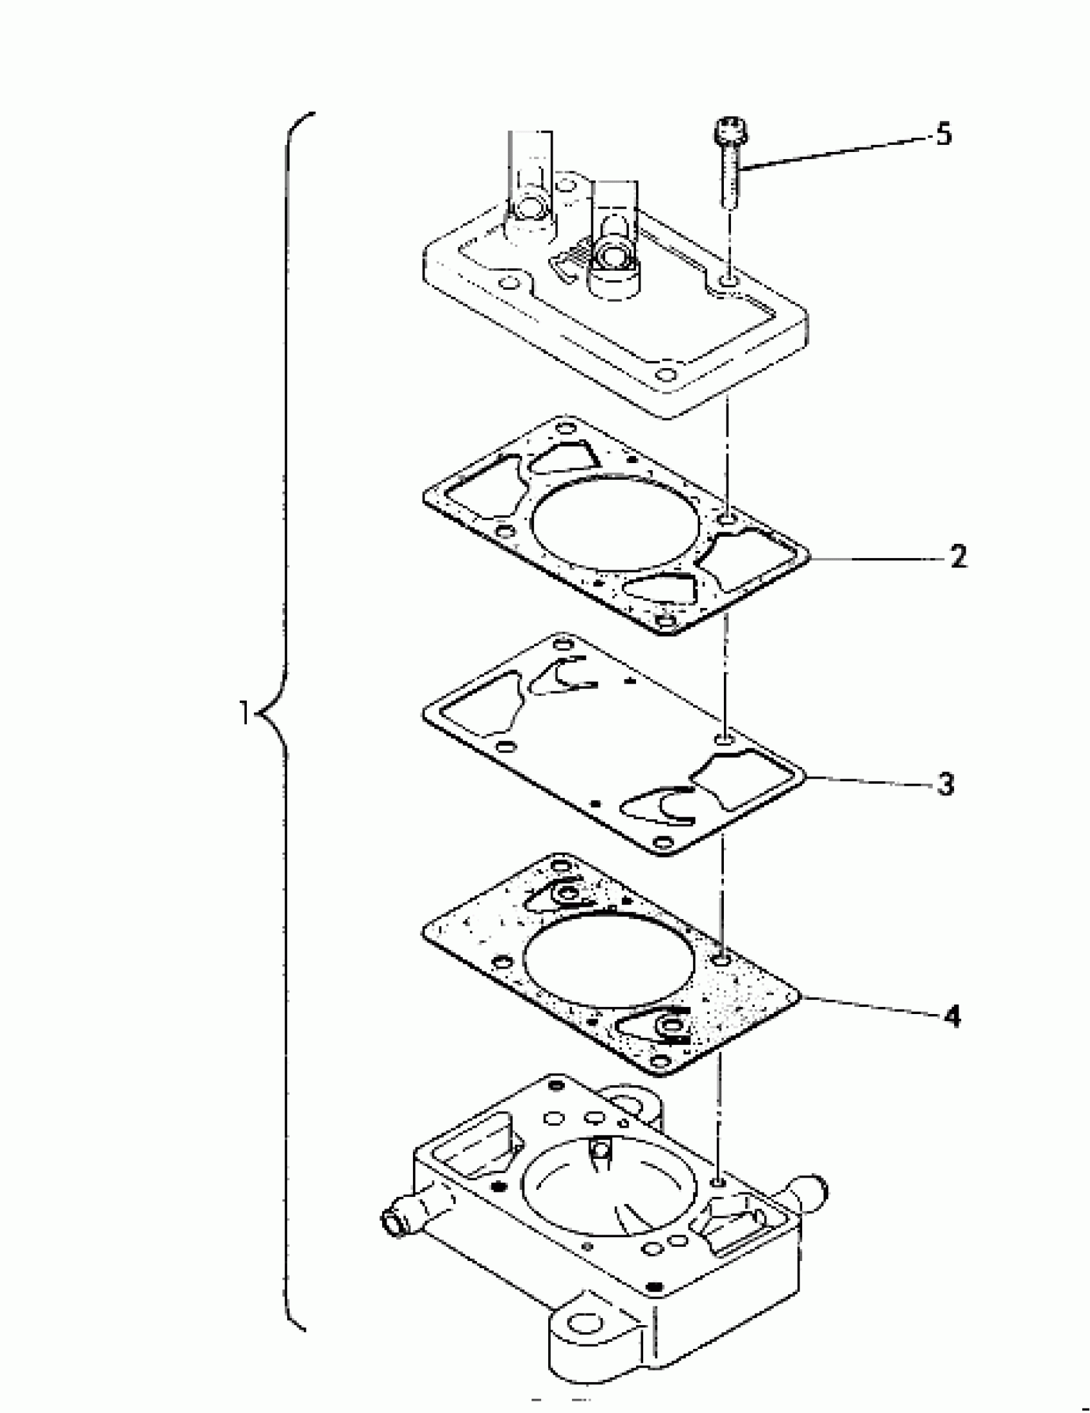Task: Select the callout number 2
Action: tap(958, 557)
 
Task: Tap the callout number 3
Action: tap(946, 785)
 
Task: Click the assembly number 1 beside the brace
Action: tap(244, 715)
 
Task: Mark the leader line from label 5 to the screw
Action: tap(834, 153)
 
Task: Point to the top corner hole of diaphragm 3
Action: tap(564, 644)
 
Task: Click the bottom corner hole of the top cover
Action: tap(665, 375)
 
